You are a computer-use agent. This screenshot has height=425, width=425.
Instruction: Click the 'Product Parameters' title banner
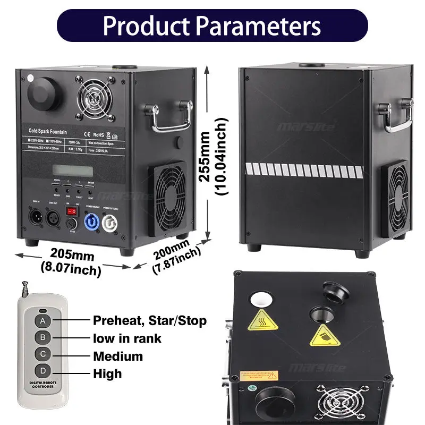212,25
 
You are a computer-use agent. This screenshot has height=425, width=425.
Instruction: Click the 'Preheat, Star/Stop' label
150,320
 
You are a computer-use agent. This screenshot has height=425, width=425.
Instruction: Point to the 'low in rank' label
127,338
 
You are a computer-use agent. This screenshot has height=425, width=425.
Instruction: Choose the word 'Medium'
118,356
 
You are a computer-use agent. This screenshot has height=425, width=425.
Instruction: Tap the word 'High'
107,373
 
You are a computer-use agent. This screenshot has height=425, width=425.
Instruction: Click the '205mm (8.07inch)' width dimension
71,262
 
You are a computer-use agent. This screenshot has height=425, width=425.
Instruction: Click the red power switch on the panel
72,211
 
